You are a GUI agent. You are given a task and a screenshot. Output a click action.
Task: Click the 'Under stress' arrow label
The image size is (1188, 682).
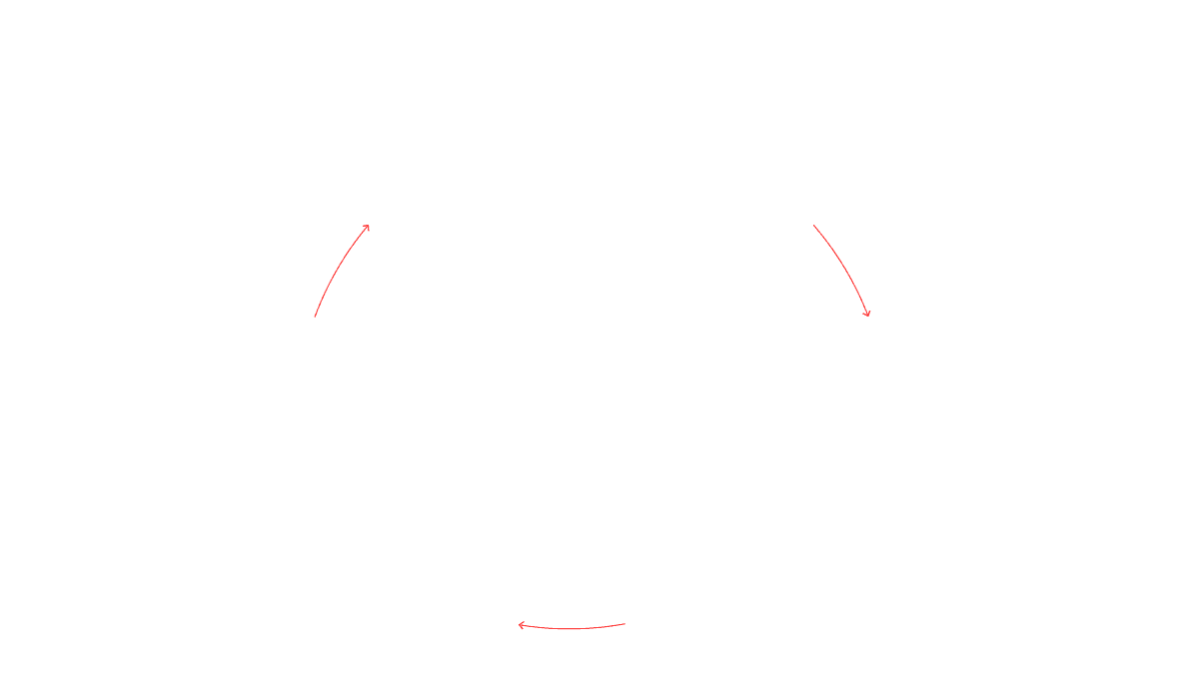[850, 257]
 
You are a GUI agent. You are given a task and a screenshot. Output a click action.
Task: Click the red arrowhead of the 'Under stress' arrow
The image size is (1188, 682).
[868, 315]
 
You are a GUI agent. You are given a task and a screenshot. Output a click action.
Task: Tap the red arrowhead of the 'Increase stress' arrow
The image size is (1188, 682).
[367, 228]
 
